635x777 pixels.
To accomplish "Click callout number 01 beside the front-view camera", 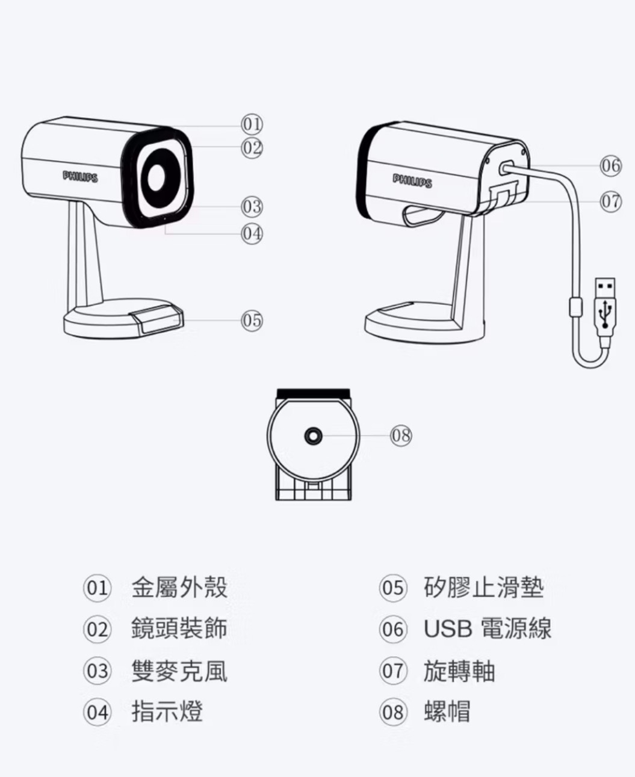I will point(252,124).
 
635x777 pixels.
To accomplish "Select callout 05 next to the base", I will point(252,319).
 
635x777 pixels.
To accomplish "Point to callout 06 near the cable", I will point(610,165).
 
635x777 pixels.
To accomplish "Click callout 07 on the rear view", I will point(610,201).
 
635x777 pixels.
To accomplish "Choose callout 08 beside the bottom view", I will point(401,434).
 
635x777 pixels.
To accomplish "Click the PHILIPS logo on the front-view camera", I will point(81,176).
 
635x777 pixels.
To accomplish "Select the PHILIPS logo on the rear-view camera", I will point(412,181).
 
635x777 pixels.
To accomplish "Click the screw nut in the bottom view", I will point(313,435).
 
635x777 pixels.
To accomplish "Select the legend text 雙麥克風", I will point(179,671).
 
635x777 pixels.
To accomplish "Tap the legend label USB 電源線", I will point(488,629).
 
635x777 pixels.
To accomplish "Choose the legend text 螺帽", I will point(447,712).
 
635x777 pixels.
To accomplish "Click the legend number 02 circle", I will point(97,630).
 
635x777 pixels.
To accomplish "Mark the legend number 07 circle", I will point(393,671).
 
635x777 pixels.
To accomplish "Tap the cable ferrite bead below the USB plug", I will point(575,307).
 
